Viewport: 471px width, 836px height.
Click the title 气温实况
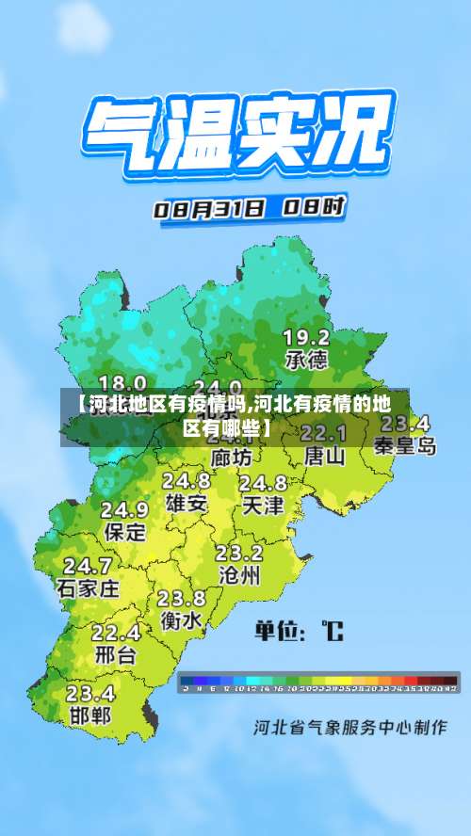(235, 136)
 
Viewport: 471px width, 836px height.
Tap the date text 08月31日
(208, 208)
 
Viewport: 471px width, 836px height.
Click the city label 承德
(306, 359)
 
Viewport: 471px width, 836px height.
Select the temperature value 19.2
(306, 337)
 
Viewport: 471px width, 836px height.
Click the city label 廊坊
(232, 458)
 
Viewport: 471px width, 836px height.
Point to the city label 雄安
(187, 503)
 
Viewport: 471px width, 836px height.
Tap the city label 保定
(124, 531)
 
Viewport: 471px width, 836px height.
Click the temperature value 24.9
(124, 509)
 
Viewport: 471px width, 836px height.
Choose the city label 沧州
(238, 574)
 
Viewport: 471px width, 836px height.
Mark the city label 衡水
(181, 620)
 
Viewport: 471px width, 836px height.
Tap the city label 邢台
(116, 653)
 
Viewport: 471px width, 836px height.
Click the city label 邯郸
(89, 715)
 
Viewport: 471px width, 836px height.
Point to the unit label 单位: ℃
(299, 631)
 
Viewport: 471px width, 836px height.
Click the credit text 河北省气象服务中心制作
(349, 729)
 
